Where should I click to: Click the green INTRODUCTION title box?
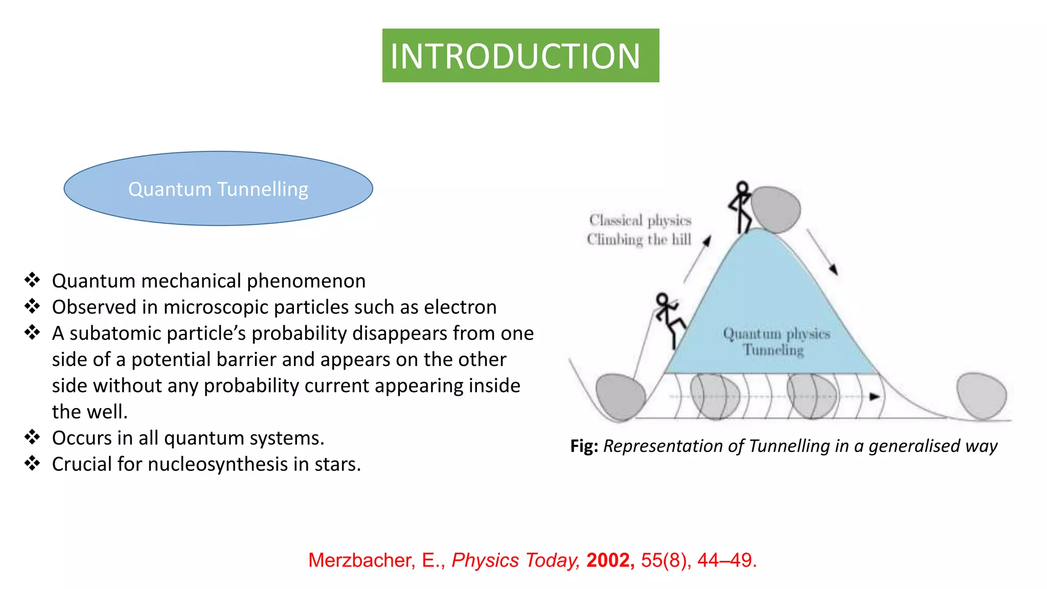[x=520, y=55]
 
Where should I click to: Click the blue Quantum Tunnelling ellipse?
[x=218, y=189]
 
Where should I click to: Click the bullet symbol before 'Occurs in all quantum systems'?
[x=32, y=438]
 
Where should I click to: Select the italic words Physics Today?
[x=515, y=560]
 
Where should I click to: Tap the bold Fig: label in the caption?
[x=584, y=446]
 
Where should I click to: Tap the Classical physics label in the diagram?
[x=640, y=220]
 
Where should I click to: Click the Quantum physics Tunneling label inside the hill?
[x=776, y=342]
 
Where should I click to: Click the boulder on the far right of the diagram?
[x=982, y=396]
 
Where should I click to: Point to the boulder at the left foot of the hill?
[x=620, y=397]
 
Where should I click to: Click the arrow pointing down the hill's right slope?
[x=822, y=252]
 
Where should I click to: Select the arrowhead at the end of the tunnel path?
[x=875, y=396]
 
